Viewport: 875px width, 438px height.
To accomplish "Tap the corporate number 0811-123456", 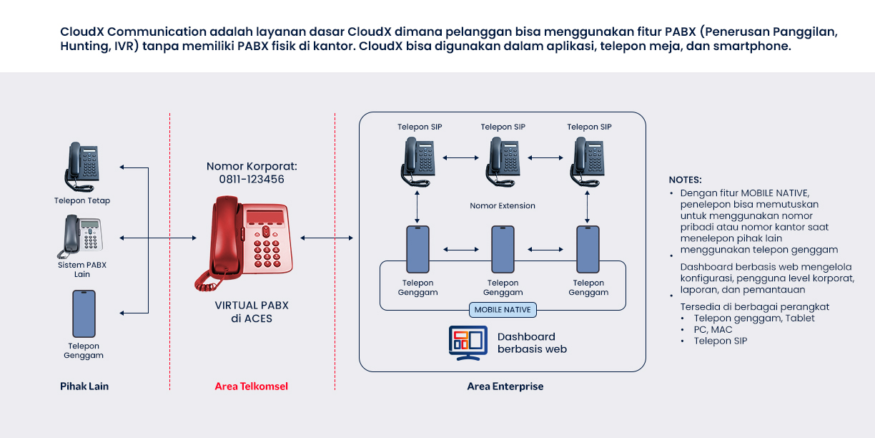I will pyautogui.click(x=252, y=180).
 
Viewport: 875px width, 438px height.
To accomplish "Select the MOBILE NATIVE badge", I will pyautogui.click(x=503, y=310).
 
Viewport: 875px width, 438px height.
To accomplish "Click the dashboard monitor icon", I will pyautogui.click(x=468, y=343).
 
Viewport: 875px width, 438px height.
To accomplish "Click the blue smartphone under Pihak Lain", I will pyautogui.click(x=84, y=313).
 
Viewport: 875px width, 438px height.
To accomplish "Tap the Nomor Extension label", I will pyautogui.click(x=503, y=206).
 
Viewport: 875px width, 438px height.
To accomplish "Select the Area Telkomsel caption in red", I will pyautogui.click(x=252, y=386).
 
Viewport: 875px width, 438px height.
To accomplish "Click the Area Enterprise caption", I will pyautogui.click(x=505, y=386).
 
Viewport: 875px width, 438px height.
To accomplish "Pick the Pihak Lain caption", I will pyautogui.click(x=84, y=386).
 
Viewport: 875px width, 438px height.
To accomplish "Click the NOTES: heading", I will pyautogui.click(x=685, y=180).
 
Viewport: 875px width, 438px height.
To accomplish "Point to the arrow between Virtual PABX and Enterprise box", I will pyautogui.click(x=327, y=238).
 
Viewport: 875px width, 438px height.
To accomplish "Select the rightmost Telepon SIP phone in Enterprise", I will pyautogui.click(x=588, y=161).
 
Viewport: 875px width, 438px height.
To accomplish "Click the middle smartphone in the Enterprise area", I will pyautogui.click(x=503, y=249).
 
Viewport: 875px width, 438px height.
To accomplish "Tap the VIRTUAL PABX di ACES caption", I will pyautogui.click(x=252, y=312).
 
